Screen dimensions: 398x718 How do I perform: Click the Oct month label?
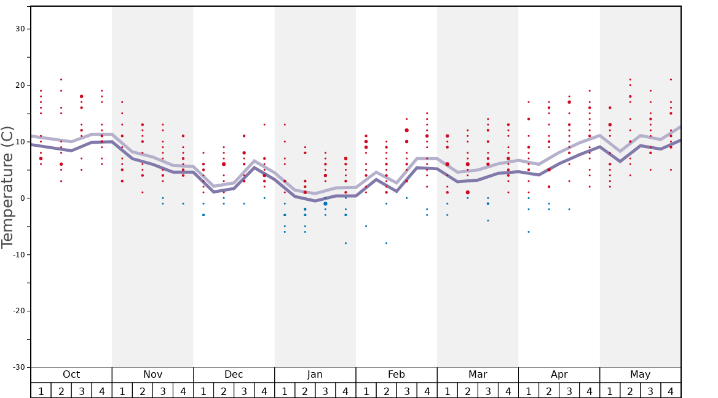(x=71, y=375)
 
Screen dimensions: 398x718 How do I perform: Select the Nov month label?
(x=152, y=375)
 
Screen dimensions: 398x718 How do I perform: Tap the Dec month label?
(x=234, y=375)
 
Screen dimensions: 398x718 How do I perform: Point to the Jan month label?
(x=315, y=375)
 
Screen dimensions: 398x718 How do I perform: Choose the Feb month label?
(x=396, y=375)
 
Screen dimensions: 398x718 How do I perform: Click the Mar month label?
(x=478, y=375)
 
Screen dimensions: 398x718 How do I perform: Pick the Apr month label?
(x=559, y=375)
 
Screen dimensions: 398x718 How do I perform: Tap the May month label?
(x=640, y=375)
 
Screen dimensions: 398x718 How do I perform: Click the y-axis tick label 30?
(x=20, y=29)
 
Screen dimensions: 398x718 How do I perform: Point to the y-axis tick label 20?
(x=20, y=85)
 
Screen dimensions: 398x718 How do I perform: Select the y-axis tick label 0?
(x=22, y=198)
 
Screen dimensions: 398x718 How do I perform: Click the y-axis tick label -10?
(x=18, y=255)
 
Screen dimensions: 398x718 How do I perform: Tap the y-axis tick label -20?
(x=18, y=311)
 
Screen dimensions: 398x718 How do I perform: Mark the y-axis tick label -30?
(x=18, y=367)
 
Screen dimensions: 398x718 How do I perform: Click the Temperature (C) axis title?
(x=7, y=187)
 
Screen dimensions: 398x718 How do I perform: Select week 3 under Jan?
(x=325, y=391)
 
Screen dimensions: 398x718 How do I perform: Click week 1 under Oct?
(x=41, y=391)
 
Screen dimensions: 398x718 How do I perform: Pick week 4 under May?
(x=671, y=391)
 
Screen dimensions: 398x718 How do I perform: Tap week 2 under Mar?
(x=467, y=391)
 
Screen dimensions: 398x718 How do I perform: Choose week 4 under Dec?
(x=264, y=391)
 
